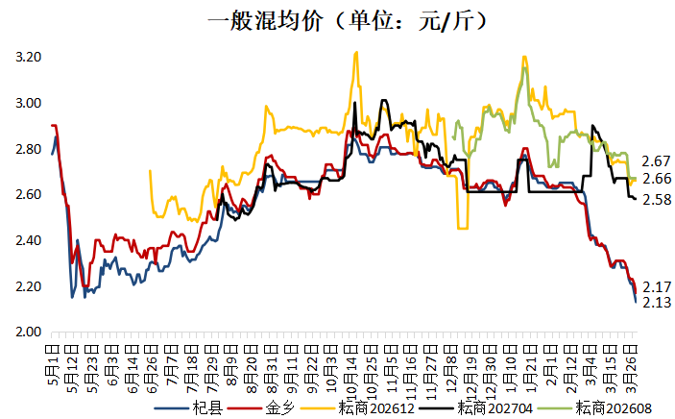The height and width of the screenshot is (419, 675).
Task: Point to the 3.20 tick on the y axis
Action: (x=28, y=58)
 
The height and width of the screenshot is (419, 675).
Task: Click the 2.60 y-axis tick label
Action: (x=28, y=195)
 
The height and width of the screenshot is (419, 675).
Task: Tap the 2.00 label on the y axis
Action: (x=28, y=333)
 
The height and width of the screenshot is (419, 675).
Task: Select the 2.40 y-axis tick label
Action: (x=28, y=241)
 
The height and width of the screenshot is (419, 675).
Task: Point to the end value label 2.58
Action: (x=657, y=199)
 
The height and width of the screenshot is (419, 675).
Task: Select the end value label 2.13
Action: (x=657, y=303)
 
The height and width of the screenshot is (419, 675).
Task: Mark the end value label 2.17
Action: (x=657, y=287)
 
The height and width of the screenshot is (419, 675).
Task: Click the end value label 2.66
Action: (x=657, y=179)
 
